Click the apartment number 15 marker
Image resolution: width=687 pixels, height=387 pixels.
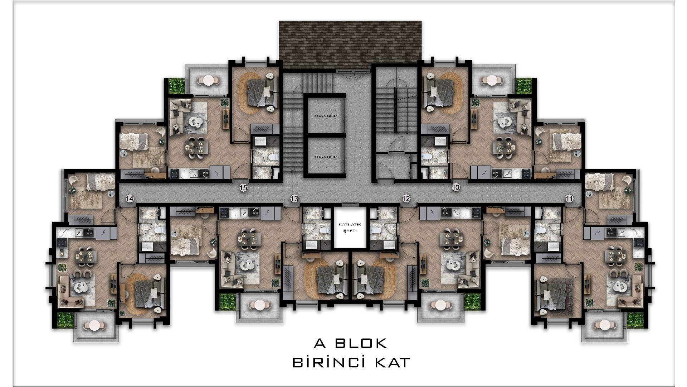click(244, 187)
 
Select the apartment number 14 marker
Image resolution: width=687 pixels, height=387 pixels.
click(130, 199)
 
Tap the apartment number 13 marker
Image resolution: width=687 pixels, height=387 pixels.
click(294, 199)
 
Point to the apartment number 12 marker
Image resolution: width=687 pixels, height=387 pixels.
click(406, 199)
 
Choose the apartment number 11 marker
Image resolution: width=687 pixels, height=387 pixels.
click(569, 199)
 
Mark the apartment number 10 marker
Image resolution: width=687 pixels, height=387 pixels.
click(455, 187)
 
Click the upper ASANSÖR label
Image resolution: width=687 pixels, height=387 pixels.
click(325, 116)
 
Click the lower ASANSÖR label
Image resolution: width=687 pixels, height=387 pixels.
click(325, 157)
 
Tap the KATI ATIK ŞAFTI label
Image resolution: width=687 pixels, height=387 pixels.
click(350, 228)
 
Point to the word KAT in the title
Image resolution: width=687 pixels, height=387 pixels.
click(392, 362)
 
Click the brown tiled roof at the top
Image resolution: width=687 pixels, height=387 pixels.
click(350, 45)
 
